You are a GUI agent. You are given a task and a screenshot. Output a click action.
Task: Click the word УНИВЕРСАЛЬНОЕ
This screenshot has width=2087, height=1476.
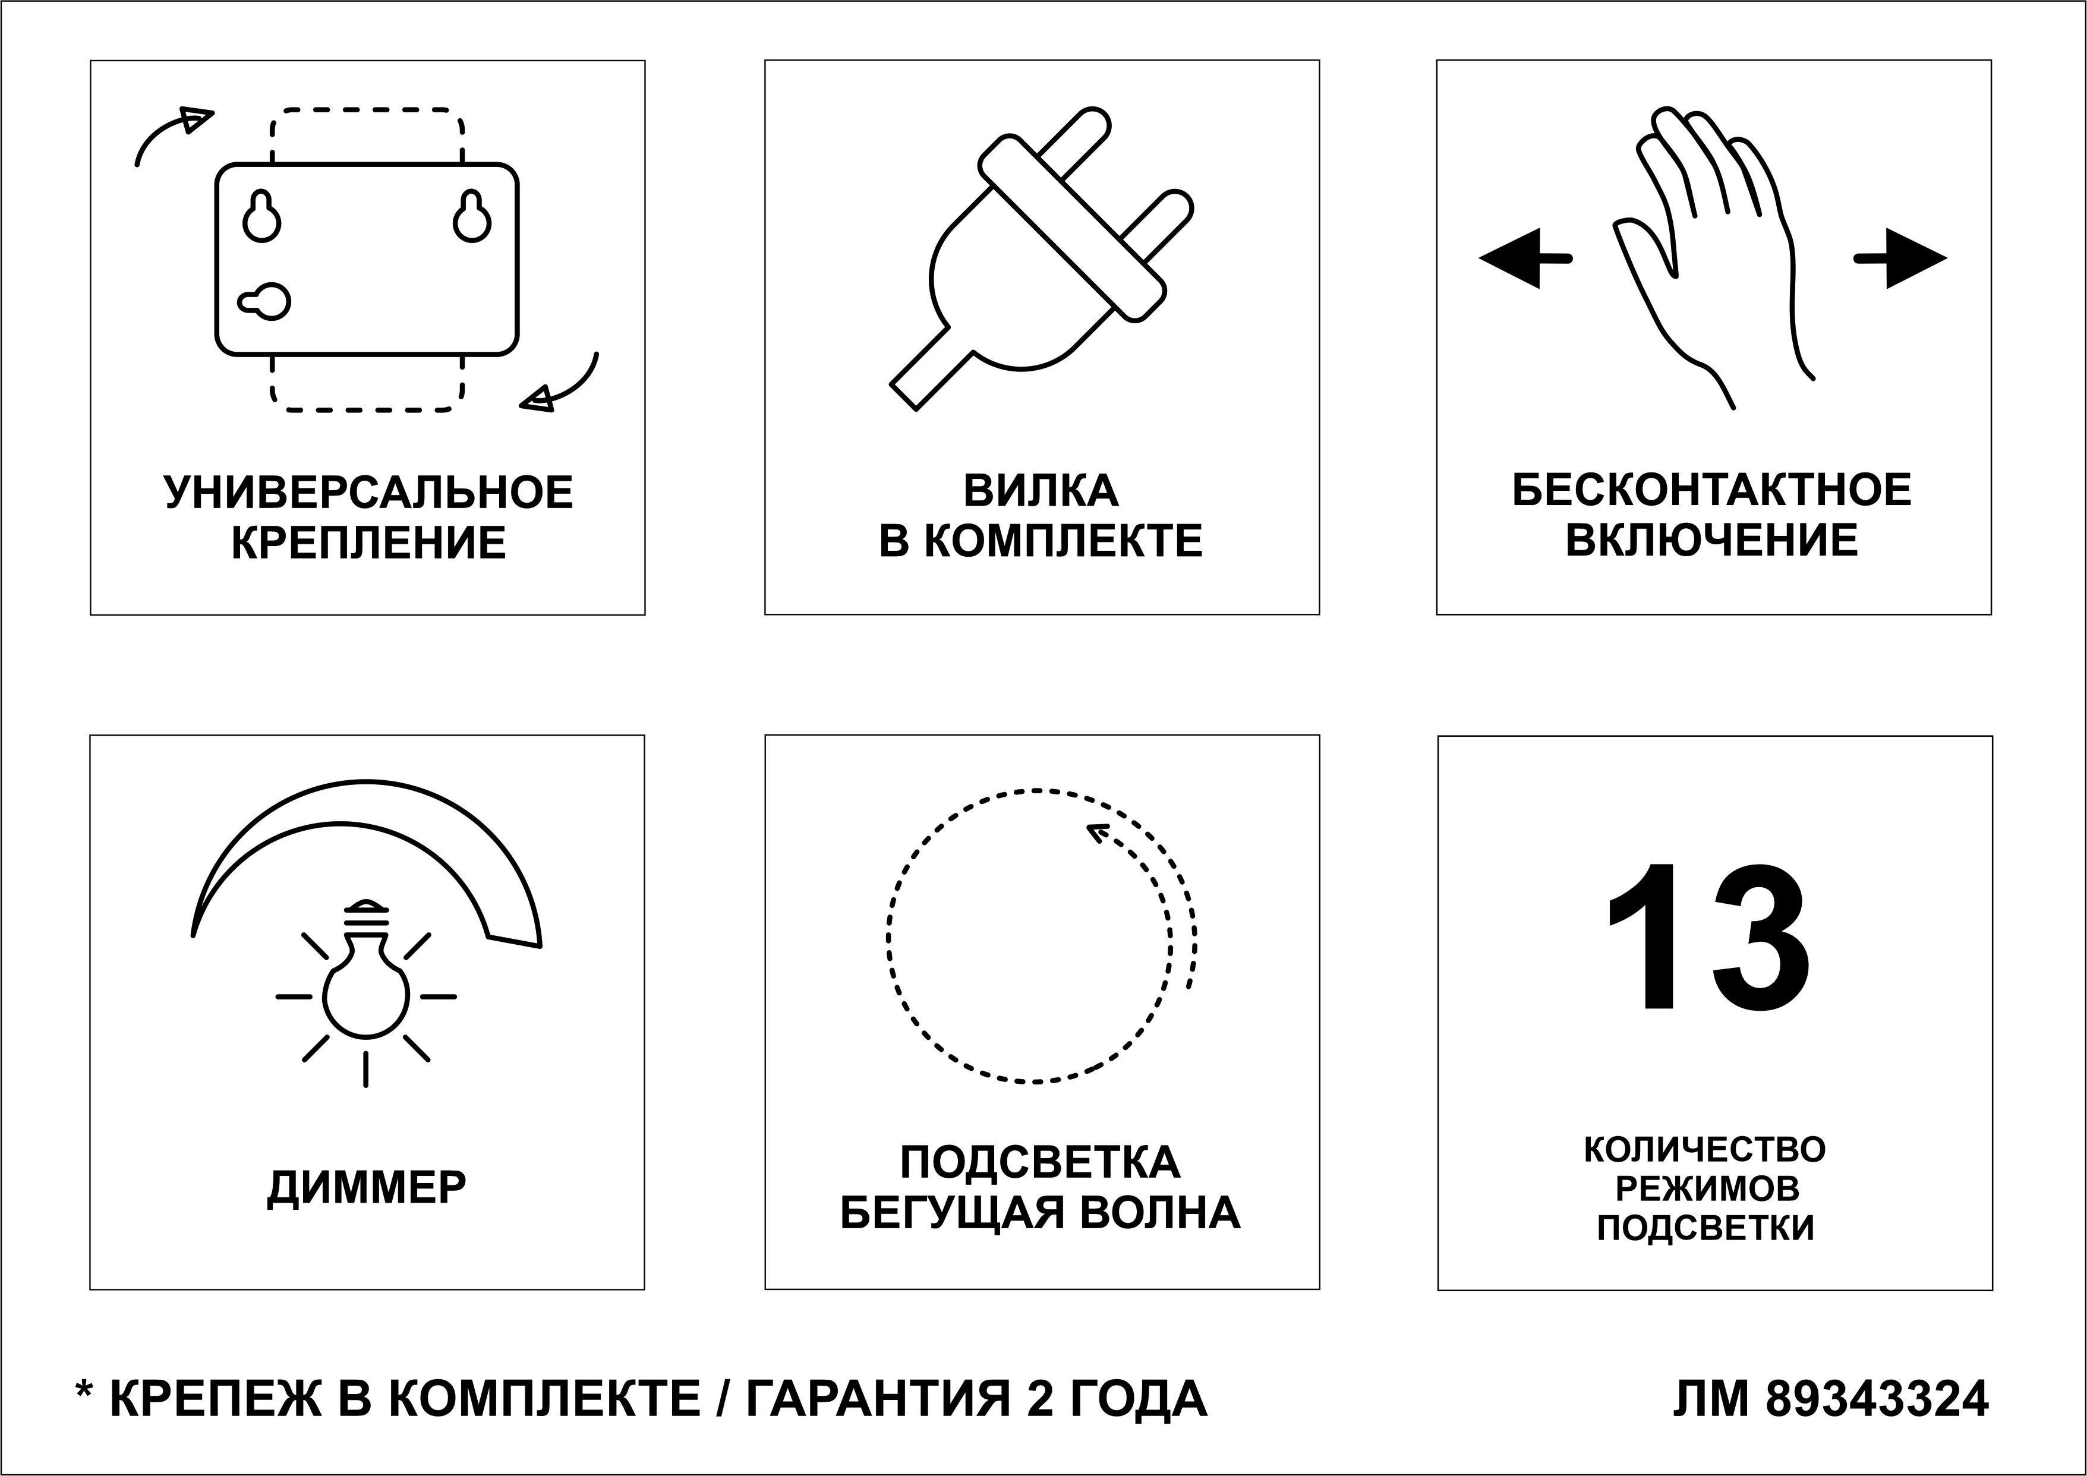368,491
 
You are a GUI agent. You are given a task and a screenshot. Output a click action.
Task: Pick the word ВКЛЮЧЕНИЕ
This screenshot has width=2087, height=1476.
1711,541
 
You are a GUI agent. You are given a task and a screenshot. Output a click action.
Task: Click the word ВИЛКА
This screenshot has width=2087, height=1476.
1041,491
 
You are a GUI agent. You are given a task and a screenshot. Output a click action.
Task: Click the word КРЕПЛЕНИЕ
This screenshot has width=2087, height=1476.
368,543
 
